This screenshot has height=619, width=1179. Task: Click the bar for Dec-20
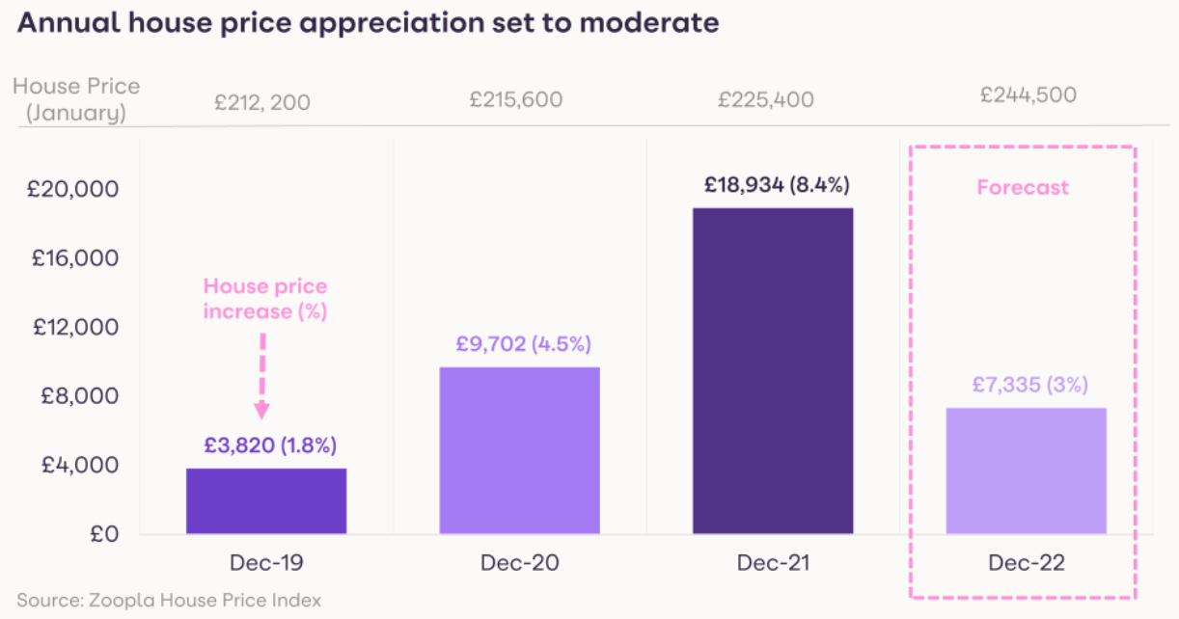[x=519, y=450]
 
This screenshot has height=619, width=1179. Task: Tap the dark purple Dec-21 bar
[x=772, y=370]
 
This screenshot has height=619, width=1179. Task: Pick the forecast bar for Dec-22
[x=1026, y=471]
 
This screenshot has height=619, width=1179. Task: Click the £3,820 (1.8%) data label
[x=270, y=445]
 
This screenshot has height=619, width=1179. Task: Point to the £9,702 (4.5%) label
[x=523, y=344]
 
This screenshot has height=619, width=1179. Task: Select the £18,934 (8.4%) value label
[x=777, y=185]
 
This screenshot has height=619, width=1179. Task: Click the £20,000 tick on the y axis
[x=72, y=189]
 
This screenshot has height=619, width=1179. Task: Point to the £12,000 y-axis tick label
[x=72, y=327]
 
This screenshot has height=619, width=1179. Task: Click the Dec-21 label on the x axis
[x=773, y=564]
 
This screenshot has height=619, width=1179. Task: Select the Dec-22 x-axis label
[x=1026, y=564]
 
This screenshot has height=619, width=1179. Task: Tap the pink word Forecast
[x=1023, y=187]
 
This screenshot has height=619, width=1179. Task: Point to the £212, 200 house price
[x=262, y=100]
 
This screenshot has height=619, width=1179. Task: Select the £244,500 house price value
[x=1028, y=94]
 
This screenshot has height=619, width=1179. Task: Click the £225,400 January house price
[x=766, y=99]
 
